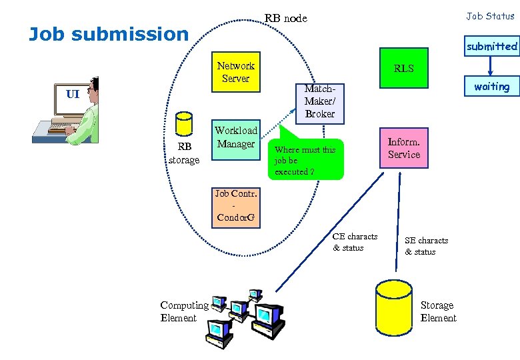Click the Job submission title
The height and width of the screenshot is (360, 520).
tap(109, 34)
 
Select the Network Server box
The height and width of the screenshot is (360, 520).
tap(235, 72)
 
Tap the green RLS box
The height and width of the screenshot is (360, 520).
tap(403, 68)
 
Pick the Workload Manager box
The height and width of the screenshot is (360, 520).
tap(235, 140)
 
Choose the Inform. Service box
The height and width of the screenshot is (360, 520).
tap(404, 148)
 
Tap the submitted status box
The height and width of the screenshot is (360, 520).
tap(491, 47)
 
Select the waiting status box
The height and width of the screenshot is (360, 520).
tap(491, 87)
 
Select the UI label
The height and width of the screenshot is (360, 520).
tap(73, 94)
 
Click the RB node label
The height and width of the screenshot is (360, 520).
tap(285, 18)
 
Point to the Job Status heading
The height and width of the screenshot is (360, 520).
tap(490, 16)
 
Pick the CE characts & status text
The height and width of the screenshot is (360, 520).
tap(355, 242)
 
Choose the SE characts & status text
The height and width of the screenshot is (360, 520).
tap(426, 246)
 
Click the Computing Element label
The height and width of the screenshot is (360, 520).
tap(184, 311)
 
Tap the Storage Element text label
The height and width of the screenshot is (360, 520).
tap(438, 311)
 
